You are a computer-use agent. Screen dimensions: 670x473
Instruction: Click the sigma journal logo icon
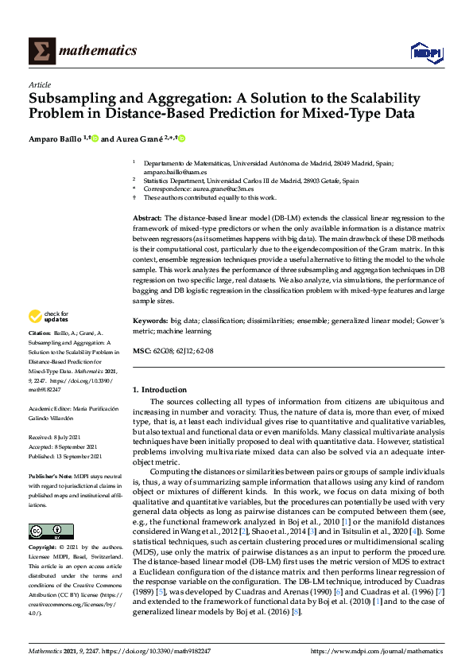41,50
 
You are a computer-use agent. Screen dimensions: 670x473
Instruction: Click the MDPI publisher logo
425,52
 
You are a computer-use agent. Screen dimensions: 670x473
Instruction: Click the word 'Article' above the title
40,84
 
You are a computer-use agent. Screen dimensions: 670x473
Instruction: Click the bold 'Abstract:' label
147,217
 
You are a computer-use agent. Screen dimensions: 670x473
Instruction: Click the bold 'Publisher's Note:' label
52,475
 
